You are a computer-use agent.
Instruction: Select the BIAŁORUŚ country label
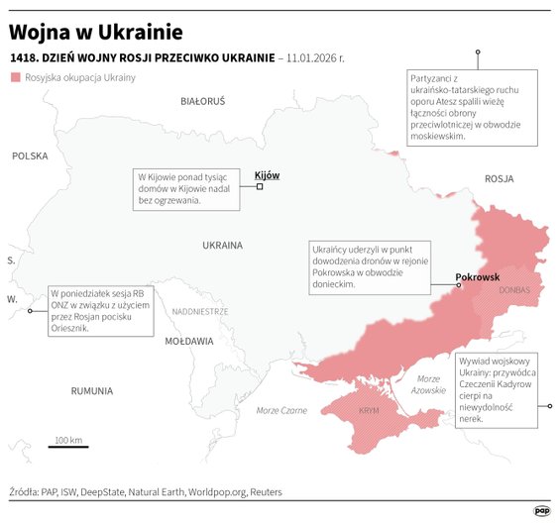click(203, 101)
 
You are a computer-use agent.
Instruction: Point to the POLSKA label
click(30, 156)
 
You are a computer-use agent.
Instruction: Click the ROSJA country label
click(499, 178)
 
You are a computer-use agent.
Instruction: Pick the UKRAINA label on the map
click(222, 245)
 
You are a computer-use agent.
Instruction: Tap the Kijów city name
click(268, 175)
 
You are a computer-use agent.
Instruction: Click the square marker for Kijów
click(260, 187)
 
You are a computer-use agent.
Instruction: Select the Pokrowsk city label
click(477, 277)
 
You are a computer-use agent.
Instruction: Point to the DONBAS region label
click(513, 290)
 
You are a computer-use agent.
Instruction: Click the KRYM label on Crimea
click(369, 409)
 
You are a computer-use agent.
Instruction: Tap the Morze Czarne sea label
click(281, 410)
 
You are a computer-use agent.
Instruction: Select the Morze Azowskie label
click(429, 384)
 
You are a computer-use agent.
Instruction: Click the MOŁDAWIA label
click(188, 341)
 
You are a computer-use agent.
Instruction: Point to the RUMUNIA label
click(92, 391)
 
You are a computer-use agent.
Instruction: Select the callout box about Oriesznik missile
click(98, 311)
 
